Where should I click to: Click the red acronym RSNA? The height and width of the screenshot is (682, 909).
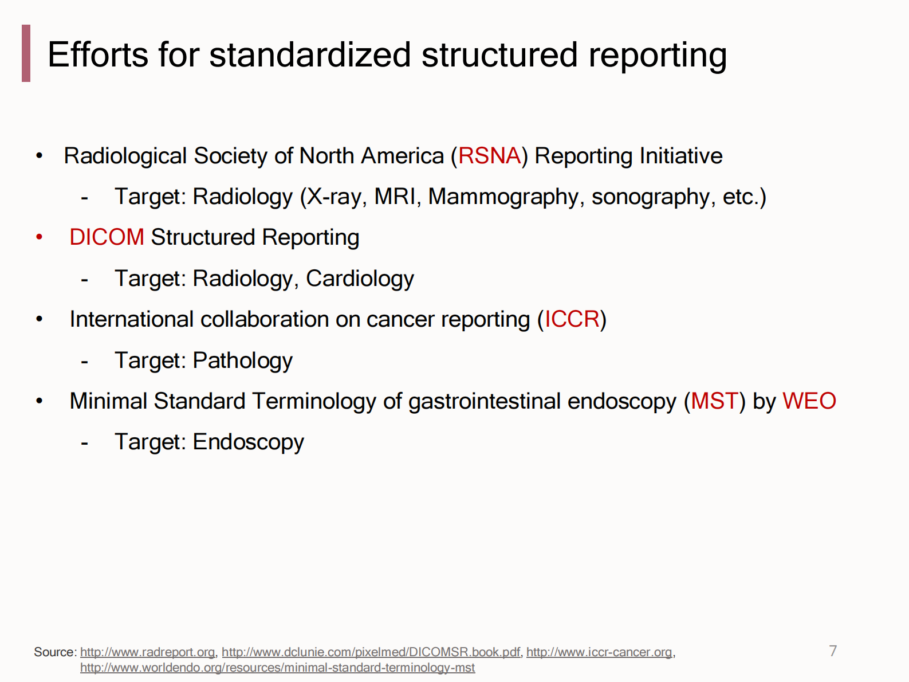[489, 156]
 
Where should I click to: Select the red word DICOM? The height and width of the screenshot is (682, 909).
[107, 237]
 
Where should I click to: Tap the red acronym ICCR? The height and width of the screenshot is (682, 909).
[572, 319]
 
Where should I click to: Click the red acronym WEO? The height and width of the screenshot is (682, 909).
[809, 401]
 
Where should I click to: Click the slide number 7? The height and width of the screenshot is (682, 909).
[833, 651]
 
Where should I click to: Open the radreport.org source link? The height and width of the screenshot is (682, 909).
[147, 652]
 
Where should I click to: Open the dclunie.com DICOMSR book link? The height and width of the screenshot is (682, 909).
[371, 652]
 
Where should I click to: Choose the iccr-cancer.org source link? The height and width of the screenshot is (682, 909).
[599, 652]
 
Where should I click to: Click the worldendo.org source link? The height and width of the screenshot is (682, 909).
[277, 668]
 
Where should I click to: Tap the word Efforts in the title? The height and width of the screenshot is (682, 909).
[98, 55]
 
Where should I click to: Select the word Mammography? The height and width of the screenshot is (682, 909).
[503, 197]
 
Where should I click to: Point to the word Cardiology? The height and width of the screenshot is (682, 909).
[360, 279]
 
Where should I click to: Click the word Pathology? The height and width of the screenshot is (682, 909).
[242, 360]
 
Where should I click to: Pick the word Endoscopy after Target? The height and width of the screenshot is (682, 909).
[248, 442]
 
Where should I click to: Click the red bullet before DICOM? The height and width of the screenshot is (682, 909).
[40, 237]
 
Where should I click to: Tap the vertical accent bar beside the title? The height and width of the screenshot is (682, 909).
[26, 53]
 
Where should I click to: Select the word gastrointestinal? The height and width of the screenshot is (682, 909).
[484, 401]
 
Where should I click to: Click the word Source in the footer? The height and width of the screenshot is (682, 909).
[54, 652]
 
